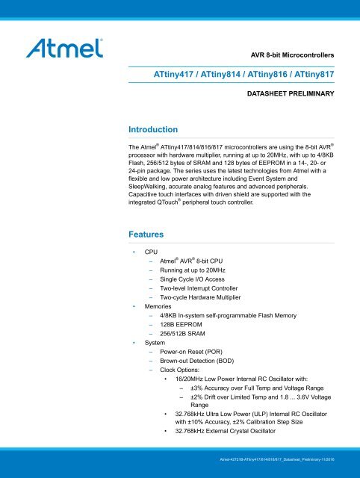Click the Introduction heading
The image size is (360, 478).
(153, 129)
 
